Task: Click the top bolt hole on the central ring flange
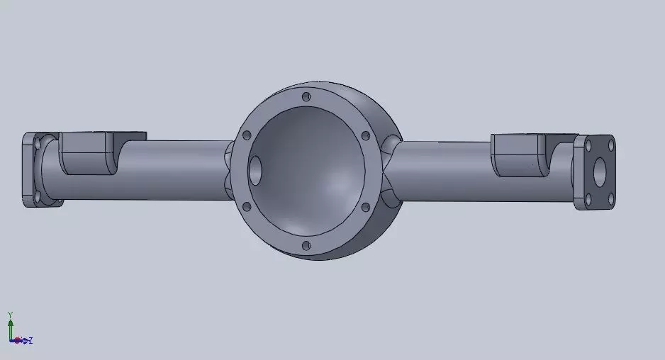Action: click(306, 96)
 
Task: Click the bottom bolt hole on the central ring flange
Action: click(306, 246)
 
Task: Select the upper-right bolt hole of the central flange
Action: click(365, 135)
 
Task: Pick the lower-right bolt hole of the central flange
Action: click(365, 207)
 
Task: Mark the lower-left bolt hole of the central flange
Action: click(246, 207)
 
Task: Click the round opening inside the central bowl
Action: click(255, 170)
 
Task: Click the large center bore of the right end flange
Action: click(600, 170)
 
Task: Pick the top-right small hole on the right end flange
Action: click(609, 142)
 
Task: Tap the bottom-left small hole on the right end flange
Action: click(588, 198)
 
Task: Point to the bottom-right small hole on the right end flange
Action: click(609, 199)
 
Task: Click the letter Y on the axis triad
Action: click(10, 314)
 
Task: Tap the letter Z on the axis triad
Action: click(30, 341)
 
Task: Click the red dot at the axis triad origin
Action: click(17, 341)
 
